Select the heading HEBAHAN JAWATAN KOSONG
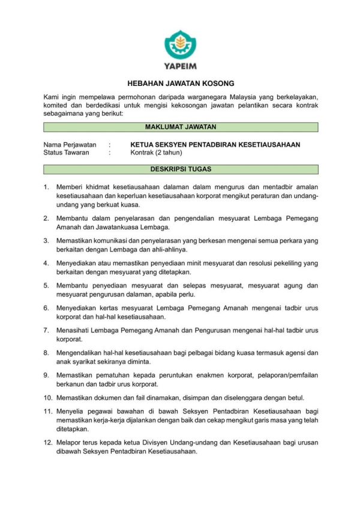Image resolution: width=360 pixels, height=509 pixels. coord(181,83)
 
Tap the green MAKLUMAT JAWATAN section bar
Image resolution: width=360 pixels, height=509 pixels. coord(181,127)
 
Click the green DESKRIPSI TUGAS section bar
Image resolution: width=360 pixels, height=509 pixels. coord(181,169)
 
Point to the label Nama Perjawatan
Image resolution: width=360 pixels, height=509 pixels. coord(70,145)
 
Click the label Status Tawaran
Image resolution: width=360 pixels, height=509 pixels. coord(66,152)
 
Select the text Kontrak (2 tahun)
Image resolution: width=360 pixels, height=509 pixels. coord(157,152)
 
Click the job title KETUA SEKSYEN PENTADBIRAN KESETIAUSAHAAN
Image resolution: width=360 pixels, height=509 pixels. coord(215,145)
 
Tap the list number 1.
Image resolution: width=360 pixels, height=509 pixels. coord(46,187)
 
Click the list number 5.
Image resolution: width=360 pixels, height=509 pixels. coord(46,285)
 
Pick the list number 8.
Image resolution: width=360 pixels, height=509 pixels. coord(46,352)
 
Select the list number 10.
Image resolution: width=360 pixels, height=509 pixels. coord(47,397)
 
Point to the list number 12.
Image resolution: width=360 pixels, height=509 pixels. coord(47,442)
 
